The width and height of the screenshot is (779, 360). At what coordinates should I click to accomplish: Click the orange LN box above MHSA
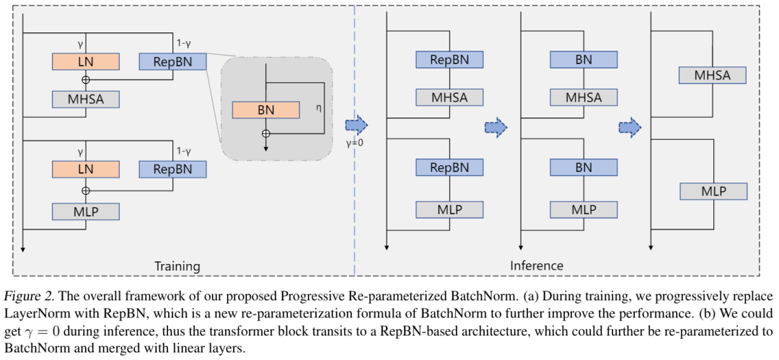click(x=85, y=61)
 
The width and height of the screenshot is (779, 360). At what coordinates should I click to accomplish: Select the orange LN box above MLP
click(x=85, y=170)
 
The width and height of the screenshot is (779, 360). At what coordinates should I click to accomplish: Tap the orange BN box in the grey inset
click(x=265, y=110)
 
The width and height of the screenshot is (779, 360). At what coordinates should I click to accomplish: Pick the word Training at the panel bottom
click(x=177, y=266)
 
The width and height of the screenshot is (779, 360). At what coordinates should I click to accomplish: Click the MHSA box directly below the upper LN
click(x=85, y=99)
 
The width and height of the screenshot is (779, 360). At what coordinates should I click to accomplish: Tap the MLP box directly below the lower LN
click(x=85, y=211)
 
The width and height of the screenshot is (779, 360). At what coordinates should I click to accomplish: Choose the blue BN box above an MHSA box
click(x=584, y=59)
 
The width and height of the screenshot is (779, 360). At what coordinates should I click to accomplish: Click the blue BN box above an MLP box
click(x=584, y=167)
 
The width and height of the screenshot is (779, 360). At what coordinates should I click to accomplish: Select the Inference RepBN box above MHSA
click(x=449, y=59)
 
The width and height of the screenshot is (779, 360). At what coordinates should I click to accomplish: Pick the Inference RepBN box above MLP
click(x=449, y=167)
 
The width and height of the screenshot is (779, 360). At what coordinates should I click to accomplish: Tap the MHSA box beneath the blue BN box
click(x=584, y=97)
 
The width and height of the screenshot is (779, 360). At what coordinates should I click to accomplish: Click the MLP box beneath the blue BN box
click(x=584, y=210)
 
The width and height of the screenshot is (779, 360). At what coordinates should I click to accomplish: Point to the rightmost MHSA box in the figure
click(x=713, y=74)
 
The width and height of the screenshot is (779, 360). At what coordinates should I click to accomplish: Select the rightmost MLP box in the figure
click(x=713, y=191)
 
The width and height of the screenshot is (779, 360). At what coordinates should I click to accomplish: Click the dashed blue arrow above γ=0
click(x=356, y=126)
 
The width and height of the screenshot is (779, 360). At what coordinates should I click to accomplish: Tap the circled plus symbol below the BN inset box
click(x=265, y=133)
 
